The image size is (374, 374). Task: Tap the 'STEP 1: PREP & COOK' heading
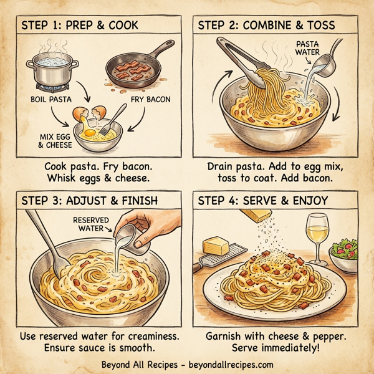(81, 26)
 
